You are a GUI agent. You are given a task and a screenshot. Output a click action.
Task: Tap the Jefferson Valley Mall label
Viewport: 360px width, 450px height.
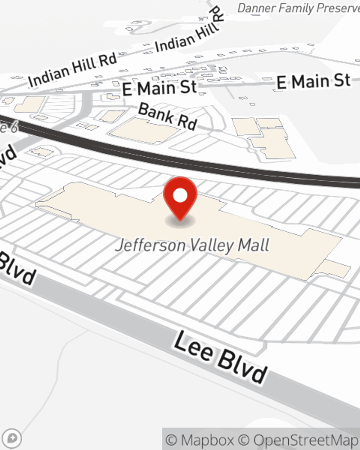192,246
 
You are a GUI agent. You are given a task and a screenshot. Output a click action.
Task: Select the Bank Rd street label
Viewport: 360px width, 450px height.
167,116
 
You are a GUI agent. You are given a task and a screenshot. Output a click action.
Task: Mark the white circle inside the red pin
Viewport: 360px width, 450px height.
180,195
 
